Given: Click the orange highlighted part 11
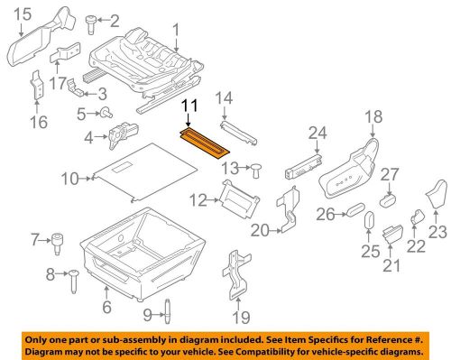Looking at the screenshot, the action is tap(205, 143).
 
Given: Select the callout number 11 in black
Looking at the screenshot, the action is tap(189, 106).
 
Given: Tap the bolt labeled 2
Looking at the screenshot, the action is tap(90, 24).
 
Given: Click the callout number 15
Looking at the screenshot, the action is tap(23, 14).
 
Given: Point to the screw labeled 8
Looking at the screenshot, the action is tap(73, 281).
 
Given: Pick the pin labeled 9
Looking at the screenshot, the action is tap(168, 311).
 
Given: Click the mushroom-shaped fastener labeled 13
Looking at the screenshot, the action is tap(256, 171).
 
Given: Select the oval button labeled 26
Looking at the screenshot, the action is tap(355, 209).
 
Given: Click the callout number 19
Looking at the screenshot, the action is tap(241, 318).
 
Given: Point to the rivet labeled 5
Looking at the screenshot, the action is tap(106, 113).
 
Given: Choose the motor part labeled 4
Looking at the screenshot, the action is tap(123, 134).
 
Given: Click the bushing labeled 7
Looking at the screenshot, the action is tap(57, 244).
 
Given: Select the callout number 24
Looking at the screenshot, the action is tap(318, 133).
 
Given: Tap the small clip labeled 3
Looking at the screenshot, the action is tap(75, 88).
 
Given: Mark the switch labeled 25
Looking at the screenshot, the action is tap(369, 220).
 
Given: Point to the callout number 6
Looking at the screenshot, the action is tap(106, 307).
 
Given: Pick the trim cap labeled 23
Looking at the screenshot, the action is tap(437, 195).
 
